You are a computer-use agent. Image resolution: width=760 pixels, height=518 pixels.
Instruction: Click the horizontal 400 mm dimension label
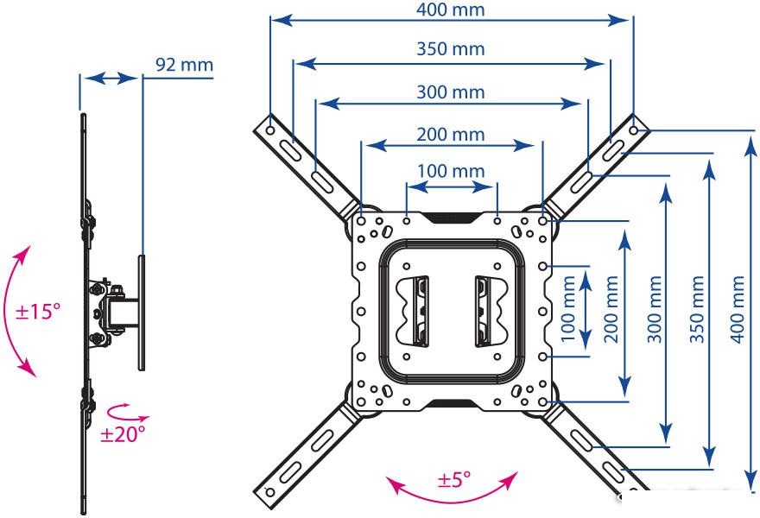(x=450, y=9)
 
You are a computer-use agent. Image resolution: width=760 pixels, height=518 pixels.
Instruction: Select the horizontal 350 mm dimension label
(x=450, y=49)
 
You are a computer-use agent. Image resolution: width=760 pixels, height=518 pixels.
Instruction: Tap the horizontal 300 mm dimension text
(x=450, y=92)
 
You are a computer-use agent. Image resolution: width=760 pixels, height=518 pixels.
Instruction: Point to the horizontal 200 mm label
(x=450, y=134)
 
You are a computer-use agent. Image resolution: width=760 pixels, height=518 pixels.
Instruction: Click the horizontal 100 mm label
(x=451, y=171)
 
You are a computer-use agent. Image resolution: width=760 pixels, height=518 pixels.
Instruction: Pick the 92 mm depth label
(x=184, y=65)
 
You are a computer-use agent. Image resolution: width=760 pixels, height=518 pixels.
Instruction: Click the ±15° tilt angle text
(x=38, y=311)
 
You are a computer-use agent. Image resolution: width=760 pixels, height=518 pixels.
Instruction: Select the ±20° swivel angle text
(x=123, y=434)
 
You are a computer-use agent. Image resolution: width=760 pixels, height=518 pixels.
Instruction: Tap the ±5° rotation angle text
(x=454, y=480)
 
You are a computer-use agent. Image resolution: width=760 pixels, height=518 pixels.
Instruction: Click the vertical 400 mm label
(x=738, y=309)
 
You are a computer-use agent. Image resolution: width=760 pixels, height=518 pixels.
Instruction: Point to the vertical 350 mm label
(x=696, y=309)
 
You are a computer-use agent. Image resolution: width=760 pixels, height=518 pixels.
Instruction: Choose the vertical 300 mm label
(x=655, y=309)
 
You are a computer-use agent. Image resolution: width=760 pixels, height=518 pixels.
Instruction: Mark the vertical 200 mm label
(x=611, y=309)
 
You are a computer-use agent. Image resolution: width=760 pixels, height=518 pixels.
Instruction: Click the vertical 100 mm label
(x=568, y=309)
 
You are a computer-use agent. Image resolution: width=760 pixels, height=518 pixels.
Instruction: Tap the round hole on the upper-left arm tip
(x=270, y=129)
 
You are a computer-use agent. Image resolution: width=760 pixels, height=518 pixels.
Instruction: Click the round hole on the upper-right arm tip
(x=634, y=129)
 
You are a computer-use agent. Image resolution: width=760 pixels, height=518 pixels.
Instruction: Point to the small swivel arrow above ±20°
(x=127, y=414)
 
